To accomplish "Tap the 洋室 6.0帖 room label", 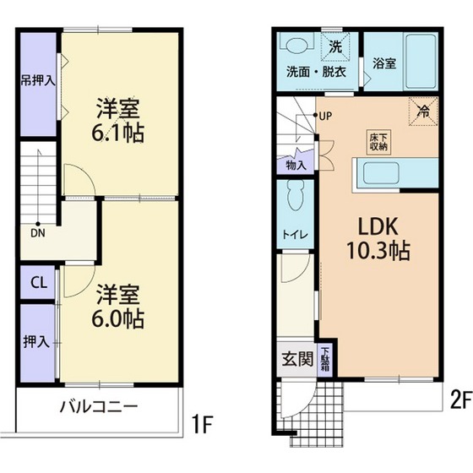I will point(118,307).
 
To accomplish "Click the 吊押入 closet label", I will point(39,82).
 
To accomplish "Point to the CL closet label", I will point(39,282).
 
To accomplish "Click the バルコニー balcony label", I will point(98,407).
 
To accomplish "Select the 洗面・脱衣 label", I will point(316,71).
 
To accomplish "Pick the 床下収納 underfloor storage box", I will point(378,141).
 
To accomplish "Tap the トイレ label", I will point(294,234).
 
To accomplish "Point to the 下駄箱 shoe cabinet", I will point(326,360).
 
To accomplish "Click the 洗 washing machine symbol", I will point(334,46).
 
